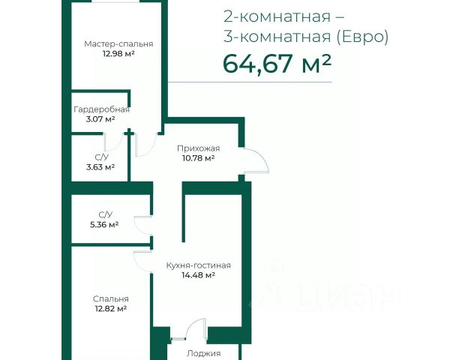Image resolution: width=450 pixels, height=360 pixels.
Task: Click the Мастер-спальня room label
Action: point(118,44)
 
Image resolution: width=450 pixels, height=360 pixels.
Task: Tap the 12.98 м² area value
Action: point(118,54)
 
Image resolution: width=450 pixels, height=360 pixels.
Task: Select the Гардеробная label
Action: point(101,109)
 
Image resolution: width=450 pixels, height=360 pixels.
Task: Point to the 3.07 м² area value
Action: point(100,118)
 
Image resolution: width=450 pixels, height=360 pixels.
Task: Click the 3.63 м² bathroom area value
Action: point(100,166)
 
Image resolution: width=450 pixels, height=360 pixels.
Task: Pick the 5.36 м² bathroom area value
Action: point(104,224)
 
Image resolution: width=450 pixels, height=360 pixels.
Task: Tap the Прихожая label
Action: point(199,148)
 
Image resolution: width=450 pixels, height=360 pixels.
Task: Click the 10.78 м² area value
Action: point(199,158)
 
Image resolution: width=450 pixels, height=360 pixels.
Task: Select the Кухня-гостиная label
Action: point(199,265)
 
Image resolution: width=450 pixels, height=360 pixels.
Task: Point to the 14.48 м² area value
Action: point(199,275)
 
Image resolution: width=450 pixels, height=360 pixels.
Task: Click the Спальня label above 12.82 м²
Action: point(111,298)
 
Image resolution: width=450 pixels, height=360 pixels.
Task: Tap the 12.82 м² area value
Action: point(111,308)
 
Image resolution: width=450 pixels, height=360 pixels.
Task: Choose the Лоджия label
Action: point(204,353)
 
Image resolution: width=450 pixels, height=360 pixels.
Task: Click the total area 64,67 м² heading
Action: point(277,64)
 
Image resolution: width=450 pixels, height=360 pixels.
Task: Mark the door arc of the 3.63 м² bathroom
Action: point(118,145)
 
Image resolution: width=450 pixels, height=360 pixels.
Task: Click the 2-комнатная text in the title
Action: point(277,17)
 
